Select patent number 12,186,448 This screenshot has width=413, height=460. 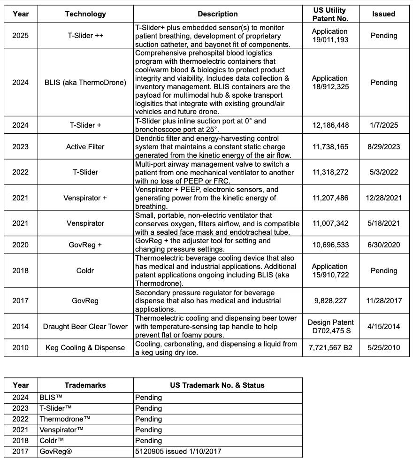(330, 125)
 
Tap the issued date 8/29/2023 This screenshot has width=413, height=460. (383, 147)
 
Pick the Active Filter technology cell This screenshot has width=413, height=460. (85, 147)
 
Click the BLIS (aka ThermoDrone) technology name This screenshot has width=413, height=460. (85, 83)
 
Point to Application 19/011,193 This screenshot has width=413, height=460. (330, 36)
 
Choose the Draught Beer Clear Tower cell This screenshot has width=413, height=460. (85, 327)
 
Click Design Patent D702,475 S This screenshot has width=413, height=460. (330, 327)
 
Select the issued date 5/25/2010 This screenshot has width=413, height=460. (383, 348)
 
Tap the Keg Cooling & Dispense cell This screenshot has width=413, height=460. (85, 348)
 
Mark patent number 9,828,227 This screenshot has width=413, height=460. (330, 301)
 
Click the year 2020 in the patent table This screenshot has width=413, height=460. (21, 245)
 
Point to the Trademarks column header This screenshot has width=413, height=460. (85, 385)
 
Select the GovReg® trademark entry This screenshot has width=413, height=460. (56, 452)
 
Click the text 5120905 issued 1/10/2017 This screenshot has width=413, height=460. (178, 452)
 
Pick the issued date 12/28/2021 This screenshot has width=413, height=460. (383, 198)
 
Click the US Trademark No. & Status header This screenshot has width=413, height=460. (217, 385)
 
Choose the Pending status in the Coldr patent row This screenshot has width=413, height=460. (383, 271)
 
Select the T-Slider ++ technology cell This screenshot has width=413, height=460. (85, 36)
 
